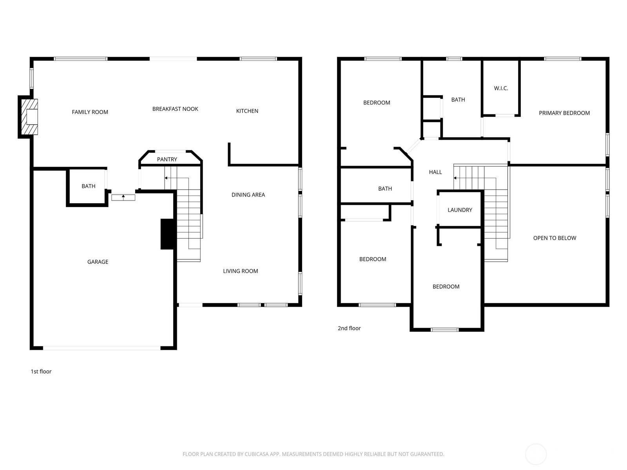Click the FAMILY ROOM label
pyautogui.click(x=90, y=112)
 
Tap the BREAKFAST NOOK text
pyautogui.click(x=175, y=109)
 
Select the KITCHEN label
pyautogui.click(x=247, y=111)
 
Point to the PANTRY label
pyautogui.click(x=167, y=159)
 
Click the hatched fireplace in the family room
pyautogui.click(x=29, y=117)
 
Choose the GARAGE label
pyautogui.click(x=98, y=262)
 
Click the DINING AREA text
pyautogui.click(x=248, y=195)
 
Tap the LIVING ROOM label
pyautogui.click(x=241, y=271)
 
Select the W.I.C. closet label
pyautogui.click(x=501, y=88)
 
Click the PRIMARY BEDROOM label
pyautogui.click(x=564, y=113)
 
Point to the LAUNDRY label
pyautogui.click(x=460, y=210)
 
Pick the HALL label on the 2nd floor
pyautogui.click(x=435, y=172)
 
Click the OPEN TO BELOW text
pyautogui.click(x=555, y=238)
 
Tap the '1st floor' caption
pyautogui.click(x=41, y=371)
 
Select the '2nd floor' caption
pyautogui.click(x=349, y=328)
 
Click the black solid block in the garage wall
pyautogui.click(x=167, y=234)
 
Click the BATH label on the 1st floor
pyautogui.click(x=89, y=186)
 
